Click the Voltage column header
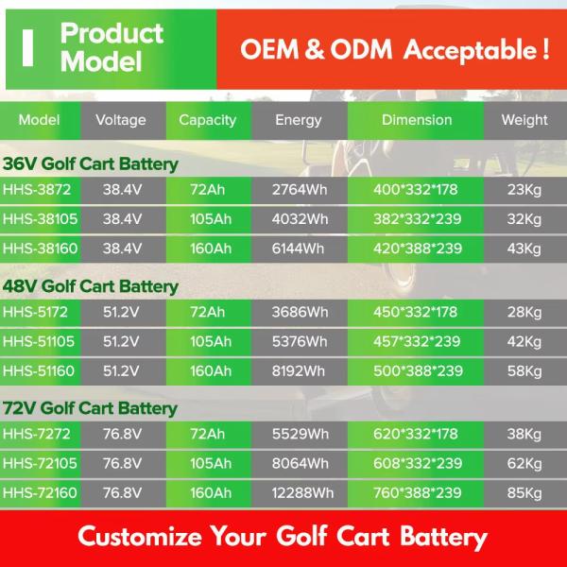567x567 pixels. point(121,120)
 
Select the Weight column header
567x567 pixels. point(524,120)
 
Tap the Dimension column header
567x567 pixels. point(417,120)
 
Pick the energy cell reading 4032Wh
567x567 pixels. point(301,219)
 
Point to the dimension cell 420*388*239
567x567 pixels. point(418,249)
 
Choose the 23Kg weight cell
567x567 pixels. point(524,189)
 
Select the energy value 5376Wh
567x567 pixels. point(301,341)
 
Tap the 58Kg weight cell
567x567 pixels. point(524,370)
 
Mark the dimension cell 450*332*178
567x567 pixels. point(416,312)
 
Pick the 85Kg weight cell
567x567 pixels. point(524,492)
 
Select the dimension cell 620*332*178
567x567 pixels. point(416,434)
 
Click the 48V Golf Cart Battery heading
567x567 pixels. point(91,286)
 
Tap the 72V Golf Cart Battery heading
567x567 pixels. point(91,408)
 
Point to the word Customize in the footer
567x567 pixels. point(140,537)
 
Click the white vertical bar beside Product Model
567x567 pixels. point(28,47)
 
